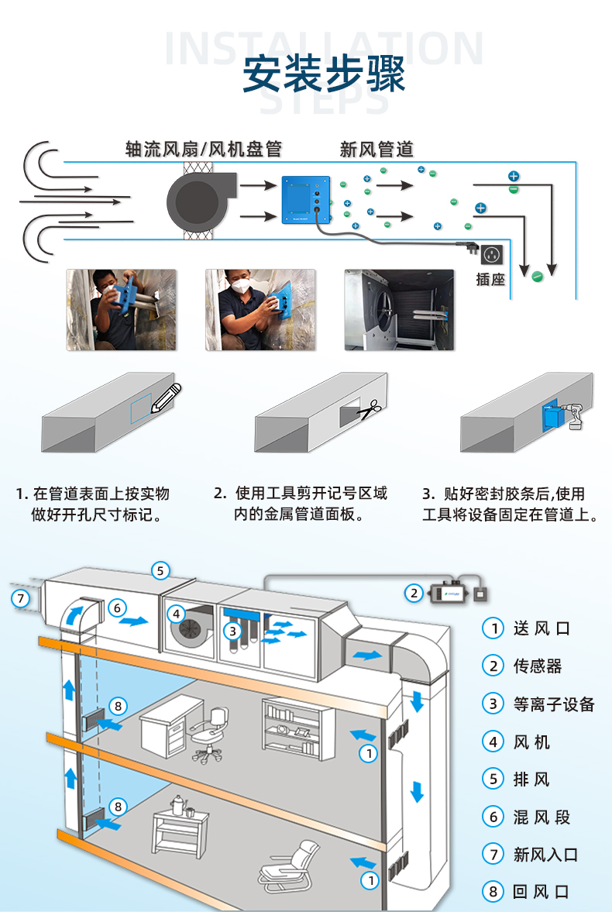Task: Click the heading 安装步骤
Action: (x=325, y=75)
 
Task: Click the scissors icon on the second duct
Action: (x=370, y=410)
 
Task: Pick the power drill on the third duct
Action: (x=577, y=417)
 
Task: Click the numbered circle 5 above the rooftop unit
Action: (x=160, y=571)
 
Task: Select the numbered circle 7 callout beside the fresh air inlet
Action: (x=21, y=598)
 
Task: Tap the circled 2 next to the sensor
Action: (x=414, y=593)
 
